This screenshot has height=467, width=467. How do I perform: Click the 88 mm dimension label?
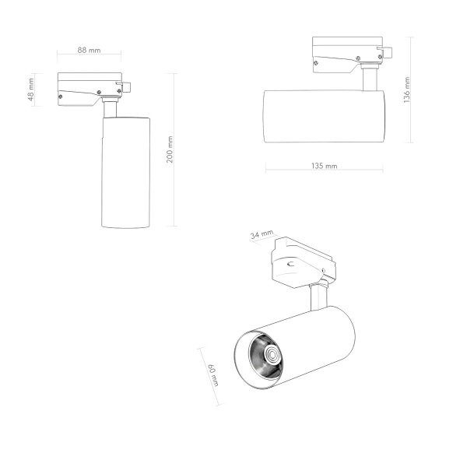point(90,50)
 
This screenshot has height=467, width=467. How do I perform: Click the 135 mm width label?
point(324,166)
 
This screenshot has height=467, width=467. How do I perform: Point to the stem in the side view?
point(369,80)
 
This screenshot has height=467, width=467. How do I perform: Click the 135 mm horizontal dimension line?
point(324,171)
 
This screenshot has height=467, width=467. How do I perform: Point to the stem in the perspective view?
point(318,298)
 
